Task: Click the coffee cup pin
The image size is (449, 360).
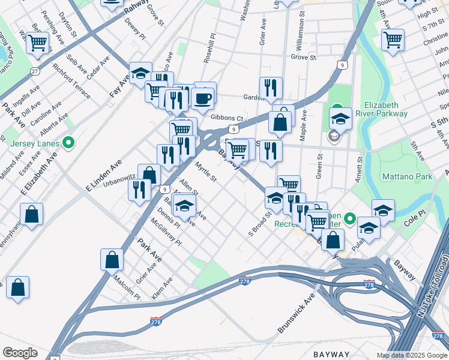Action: [x=203, y=97]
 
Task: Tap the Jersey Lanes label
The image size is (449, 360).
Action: [x=35, y=143]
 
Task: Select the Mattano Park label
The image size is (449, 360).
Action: [x=407, y=177]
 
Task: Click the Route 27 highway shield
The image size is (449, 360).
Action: [x=35, y=71]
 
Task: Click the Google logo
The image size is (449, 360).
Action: [x=20, y=353]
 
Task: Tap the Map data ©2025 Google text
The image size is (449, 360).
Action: [x=411, y=355]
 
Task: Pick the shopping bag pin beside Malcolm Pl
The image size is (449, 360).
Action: [x=112, y=259]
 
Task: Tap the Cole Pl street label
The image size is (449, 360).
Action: [x=414, y=218]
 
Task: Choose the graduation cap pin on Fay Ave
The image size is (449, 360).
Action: [x=140, y=74]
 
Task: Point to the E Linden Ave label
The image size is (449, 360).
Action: [x=103, y=175]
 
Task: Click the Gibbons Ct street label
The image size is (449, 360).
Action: [x=227, y=118]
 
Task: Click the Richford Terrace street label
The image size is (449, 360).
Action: [x=71, y=82]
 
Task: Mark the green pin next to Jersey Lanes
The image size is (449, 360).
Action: [x=68, y=143]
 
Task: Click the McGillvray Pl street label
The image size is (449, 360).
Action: [x=166, y=233]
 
